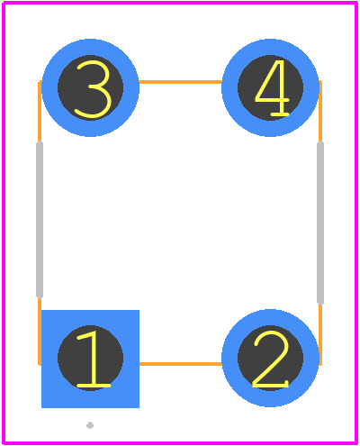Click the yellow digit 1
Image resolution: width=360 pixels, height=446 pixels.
click(x=93, y=359)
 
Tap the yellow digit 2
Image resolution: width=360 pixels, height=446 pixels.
click(x=271, y=359)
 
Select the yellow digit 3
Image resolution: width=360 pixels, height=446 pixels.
click(x=94, y=88)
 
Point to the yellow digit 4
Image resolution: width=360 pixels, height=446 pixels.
click(x=272, y=88)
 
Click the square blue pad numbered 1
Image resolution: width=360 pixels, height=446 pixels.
click(x=90, y=359)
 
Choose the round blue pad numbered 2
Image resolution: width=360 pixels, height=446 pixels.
click(x=270, y=358)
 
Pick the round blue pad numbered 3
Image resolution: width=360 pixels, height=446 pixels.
click(x=90, y=87)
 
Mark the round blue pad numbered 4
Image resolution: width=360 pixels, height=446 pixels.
click(x=270, y=87)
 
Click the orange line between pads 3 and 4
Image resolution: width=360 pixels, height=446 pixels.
click(x=180, y=82)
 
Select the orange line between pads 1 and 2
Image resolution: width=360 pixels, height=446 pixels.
click(x=181, y=364)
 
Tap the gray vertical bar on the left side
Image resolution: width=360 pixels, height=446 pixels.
click(x=40, y=220)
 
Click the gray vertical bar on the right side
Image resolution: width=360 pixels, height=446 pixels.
click(x=320, y=223)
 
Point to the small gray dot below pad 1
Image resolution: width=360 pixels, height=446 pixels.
click(x=90, y=425)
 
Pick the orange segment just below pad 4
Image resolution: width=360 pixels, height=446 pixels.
click(x=320, y=112)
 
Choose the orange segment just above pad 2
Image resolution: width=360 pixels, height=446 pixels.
click(x=320, y=334)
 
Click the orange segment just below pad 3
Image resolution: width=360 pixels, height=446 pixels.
click(x=40, y=112)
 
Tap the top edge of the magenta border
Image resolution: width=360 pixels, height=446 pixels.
click(x=180, y=3)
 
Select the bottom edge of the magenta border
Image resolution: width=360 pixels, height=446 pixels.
click(x=180, y=442)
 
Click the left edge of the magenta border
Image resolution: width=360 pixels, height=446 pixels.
click(x=4, y=223)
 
